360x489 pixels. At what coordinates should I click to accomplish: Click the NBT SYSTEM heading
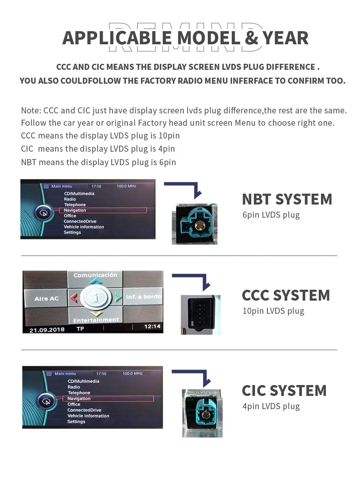coord(287,199)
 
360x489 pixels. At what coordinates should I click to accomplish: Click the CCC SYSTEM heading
coord(286,295)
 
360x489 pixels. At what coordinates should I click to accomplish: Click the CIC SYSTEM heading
coord(284,391)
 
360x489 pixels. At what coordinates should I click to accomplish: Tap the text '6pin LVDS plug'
coord(271,215)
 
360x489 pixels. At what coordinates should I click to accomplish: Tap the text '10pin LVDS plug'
coord(273,311)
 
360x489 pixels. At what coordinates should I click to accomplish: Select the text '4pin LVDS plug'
coord(271,406)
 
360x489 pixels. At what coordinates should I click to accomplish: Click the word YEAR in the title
coord(285,38)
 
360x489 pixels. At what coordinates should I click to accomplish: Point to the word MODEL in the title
coord(208,38)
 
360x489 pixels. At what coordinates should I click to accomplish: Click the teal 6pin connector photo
coord(194,224)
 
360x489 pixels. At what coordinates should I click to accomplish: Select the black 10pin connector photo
coord(200,314)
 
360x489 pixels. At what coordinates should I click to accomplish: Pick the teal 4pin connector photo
coord(202,413)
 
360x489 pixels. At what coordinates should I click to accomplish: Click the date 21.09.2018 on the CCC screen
coord(47,330)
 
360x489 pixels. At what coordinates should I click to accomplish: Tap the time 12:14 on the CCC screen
coord(152,327)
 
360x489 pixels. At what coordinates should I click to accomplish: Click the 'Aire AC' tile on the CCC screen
coord(46,299)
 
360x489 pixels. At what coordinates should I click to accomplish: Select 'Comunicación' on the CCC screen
coord(95,275)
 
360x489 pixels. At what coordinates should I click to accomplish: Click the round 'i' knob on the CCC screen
coord(96,298)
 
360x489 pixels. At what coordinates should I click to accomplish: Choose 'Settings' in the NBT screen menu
coord(72,232)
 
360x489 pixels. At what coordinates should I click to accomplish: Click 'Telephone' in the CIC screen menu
coord(79,393)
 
